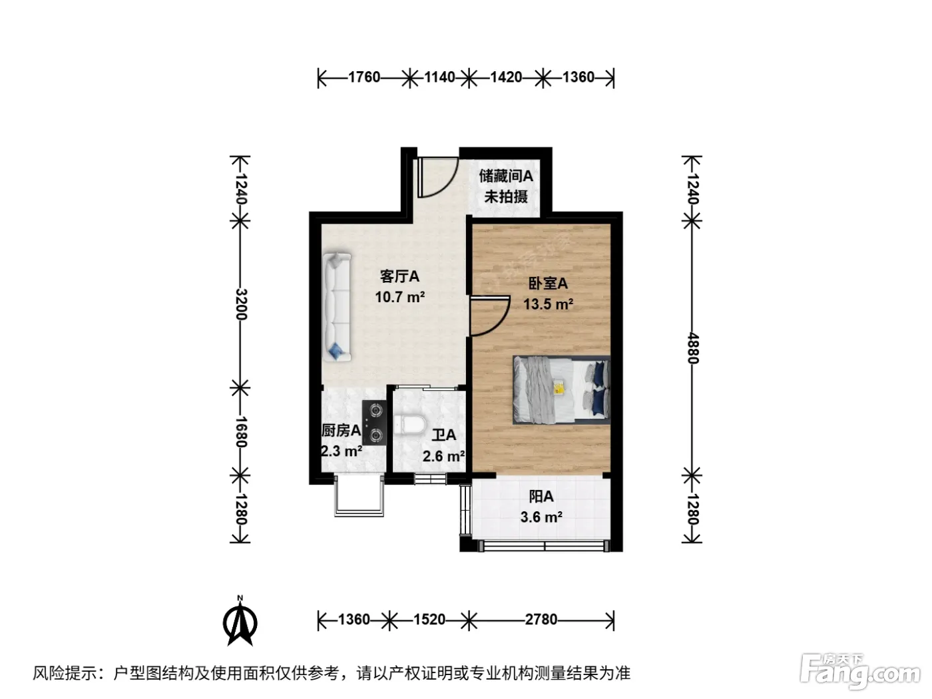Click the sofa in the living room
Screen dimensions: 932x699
click(337, 308)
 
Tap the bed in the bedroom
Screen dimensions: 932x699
click(561, 390)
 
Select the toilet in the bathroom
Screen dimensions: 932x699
click(409, 425)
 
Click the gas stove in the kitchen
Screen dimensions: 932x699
click(374, 423)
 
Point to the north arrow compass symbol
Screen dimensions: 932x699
click(240, 621)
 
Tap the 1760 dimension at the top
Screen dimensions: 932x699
click(364, 77)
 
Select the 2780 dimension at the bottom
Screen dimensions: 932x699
click(541, 620)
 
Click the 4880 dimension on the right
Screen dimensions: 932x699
click(692, 348)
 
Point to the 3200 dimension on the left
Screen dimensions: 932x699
click(241, 304)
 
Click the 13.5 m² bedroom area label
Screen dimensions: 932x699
click(548, 304)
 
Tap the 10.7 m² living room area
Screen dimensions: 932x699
click(400, 297)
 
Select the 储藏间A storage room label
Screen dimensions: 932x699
click(506, 176)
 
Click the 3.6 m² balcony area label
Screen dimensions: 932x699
click(541, 517)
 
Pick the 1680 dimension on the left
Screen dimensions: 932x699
click(241, 431)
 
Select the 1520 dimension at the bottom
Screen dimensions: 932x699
click(429, 620)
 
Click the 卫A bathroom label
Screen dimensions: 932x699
click(444, 435)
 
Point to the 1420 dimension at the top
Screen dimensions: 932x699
click(506, 77)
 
